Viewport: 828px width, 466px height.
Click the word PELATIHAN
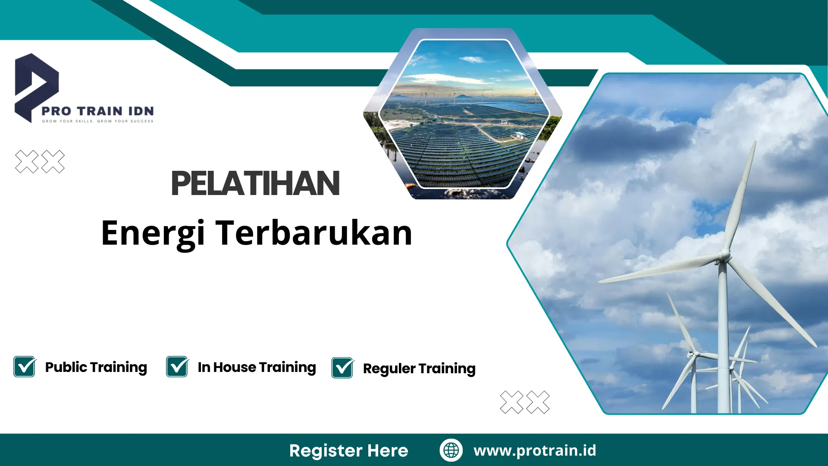(255, 183)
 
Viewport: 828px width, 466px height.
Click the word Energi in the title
(153, 233)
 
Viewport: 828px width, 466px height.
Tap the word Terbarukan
(314, 233)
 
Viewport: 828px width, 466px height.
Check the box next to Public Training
(25, 367)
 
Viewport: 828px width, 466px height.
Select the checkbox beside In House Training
(177, 367)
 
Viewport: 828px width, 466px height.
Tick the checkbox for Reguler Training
(342, 368)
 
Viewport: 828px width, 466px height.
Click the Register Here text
(348, 450)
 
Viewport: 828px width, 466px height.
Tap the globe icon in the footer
(451, 450)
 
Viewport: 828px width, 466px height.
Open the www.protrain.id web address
(535, 450)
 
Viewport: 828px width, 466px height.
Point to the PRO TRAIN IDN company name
(98, 111)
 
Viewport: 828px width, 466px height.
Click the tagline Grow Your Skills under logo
(98, 121)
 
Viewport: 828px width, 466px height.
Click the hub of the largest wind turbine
(724, 255)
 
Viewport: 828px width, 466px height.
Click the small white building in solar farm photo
(519, 135)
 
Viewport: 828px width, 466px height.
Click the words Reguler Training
(419, 368)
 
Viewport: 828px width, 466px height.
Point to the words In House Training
(257, 367)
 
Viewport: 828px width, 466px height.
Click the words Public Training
(96, 367)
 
